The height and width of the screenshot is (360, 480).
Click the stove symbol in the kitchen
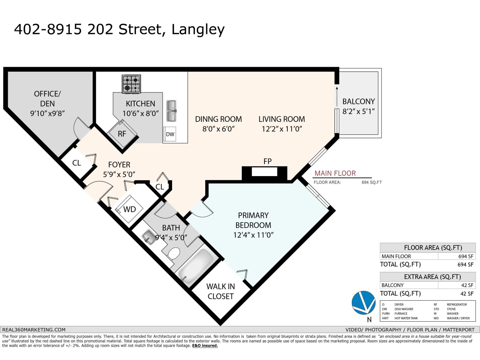click(131, 84)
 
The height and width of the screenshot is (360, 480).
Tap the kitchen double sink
click(171, 111)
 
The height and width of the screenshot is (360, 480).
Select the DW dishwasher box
click(170, 134)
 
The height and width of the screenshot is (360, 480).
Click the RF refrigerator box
click(122, 134)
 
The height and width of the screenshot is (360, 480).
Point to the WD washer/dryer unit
click(130, 209)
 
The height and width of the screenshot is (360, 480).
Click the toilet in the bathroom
click(173, 254)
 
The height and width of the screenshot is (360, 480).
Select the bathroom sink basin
click(148, 236)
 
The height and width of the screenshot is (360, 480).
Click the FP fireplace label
click(267, 161)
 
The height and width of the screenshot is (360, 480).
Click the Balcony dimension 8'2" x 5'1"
click(358, 112)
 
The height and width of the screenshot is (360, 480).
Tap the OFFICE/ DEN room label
click(47, 98)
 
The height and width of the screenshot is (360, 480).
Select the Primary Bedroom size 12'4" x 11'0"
click(253, 235)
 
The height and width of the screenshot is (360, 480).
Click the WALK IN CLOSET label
click(220, 291)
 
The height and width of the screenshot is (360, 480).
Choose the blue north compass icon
click(363, 303)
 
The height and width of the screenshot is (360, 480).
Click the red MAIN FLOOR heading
click(335, 173)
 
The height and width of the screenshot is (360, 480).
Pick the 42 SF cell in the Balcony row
click(467, 285)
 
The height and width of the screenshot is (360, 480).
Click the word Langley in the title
click(198, 29)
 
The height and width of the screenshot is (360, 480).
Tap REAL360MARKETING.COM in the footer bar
click(34, 329)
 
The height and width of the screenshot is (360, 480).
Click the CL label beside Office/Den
click(76, 163)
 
